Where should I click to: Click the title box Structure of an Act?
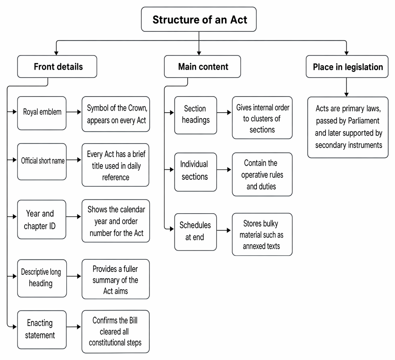tap(199, 19)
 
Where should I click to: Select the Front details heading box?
tap(57, 66)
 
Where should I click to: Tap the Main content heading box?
tap(202, 66)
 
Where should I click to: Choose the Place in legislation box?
tap(347, 66)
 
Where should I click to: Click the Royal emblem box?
tap(42, 113)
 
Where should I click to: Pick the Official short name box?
tap(42, 162)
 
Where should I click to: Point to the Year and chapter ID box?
tap(41, 219)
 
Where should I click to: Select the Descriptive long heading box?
tap(42, 278)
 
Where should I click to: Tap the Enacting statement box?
tap(42, 329)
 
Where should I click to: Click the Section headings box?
tap(195, 115)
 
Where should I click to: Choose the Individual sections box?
tap(195, 172)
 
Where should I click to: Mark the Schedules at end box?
tap(195, 232)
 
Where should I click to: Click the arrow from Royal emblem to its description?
tap(74, 112)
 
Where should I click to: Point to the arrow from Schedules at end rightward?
tap(224, 230)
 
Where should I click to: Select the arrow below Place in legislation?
tap(346, 87)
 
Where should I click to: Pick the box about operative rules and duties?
tap(262, 174)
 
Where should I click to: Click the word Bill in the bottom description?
tap(133, 320)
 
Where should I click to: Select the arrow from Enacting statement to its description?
tap(74, 327)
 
